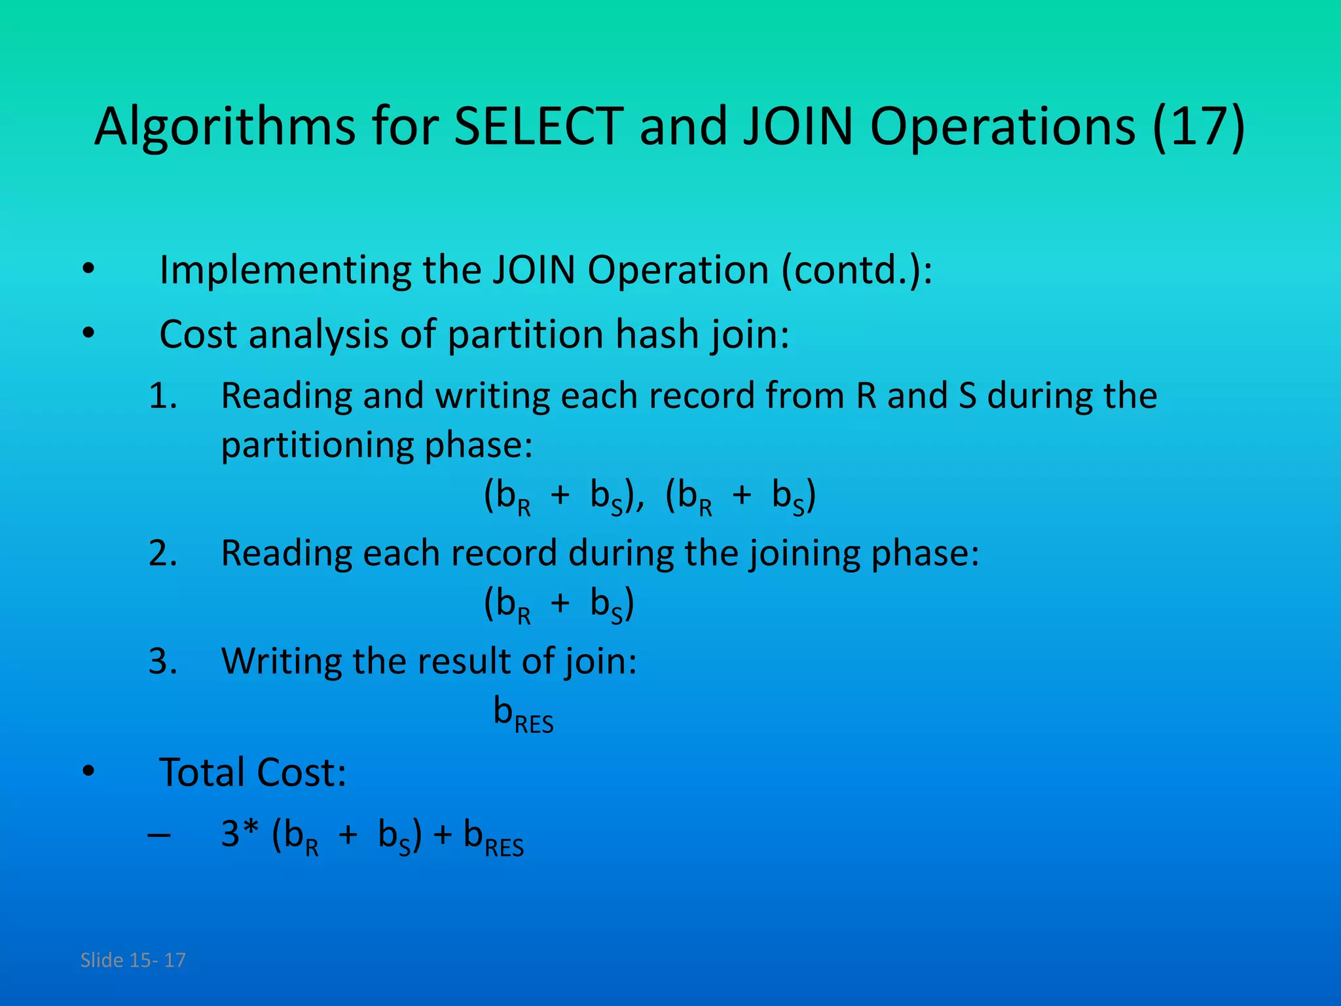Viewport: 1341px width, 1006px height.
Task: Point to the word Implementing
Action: (x=285, y=270)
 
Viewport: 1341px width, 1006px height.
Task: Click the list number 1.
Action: (x=163, y=396)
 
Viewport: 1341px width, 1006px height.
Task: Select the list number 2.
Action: (x=163, y=553)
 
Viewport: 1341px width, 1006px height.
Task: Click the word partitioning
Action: (x=317, y=445)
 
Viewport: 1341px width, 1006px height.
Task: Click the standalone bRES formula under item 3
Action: (x=523, y=714)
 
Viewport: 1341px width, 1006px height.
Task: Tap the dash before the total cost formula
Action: (x=160, y=836)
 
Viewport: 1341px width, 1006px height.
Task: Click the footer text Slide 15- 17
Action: (x=133, y=960)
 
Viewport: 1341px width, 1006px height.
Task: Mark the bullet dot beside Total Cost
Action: (x=88, y=772)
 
